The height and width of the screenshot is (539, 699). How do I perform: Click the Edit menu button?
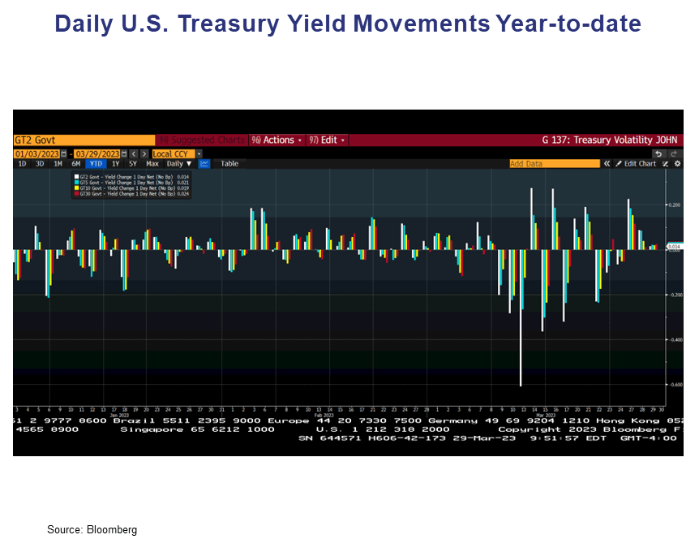click(x=328, y=140)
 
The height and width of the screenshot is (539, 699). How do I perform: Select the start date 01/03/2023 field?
click(x=36, y=153)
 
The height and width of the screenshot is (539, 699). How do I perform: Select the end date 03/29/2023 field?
click(x=96, y=153)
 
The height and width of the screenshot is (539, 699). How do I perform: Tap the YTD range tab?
click(x=95, y=163)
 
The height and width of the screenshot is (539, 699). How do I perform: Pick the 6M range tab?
click(x=75, y=163)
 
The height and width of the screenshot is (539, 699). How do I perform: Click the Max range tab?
click(x=152, y=163)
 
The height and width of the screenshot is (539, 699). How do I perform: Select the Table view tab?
click(x=229, y=163)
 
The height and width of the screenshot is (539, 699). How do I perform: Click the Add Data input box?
click(x=554, y=163)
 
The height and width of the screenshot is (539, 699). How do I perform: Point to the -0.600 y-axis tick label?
click(x=674, y=385)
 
